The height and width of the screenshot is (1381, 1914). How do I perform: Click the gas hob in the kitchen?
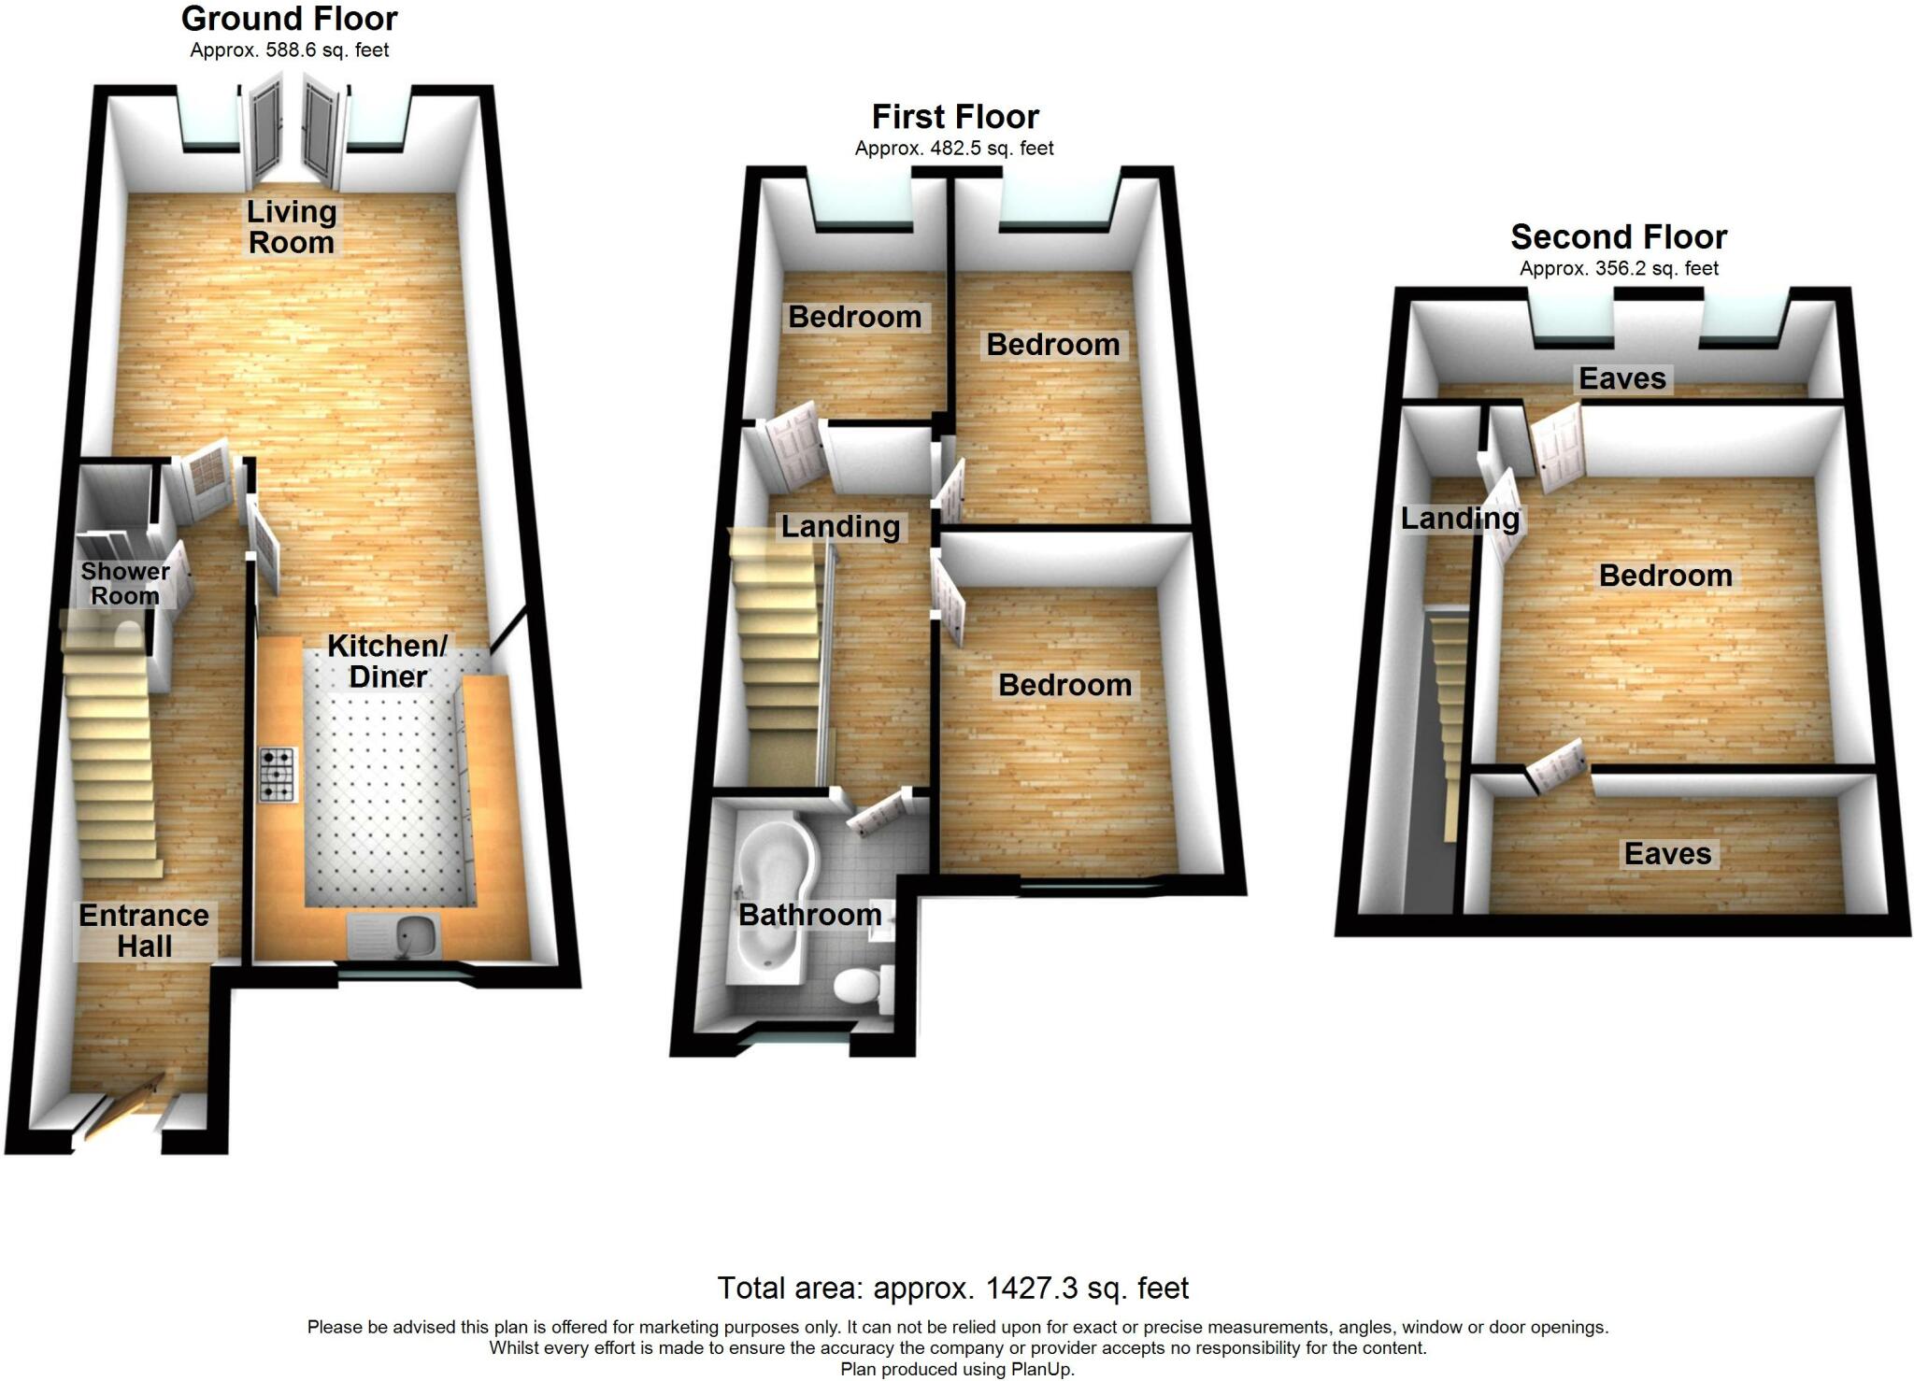coord(278,775)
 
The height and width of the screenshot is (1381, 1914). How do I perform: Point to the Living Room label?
coord(291,227)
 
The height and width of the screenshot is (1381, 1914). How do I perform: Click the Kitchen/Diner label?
coord(388,661)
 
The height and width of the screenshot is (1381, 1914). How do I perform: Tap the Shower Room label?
coord(125,583)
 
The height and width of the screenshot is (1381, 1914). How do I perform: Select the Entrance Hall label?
coord(144,931)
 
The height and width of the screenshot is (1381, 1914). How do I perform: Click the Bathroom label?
coord(809,915)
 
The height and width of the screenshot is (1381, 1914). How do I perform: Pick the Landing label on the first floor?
coord(840,527)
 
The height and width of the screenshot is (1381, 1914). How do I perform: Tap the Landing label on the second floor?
coord(1460,519)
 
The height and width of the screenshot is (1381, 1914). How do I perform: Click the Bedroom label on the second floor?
coord(1665,576)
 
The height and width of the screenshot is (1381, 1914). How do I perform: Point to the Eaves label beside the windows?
coord(1622,378)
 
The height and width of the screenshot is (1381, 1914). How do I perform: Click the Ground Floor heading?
coord(290,19)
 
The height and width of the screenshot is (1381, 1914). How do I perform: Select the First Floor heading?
coord(955,117)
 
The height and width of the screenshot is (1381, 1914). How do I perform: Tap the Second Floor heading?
coord(1619,237)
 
